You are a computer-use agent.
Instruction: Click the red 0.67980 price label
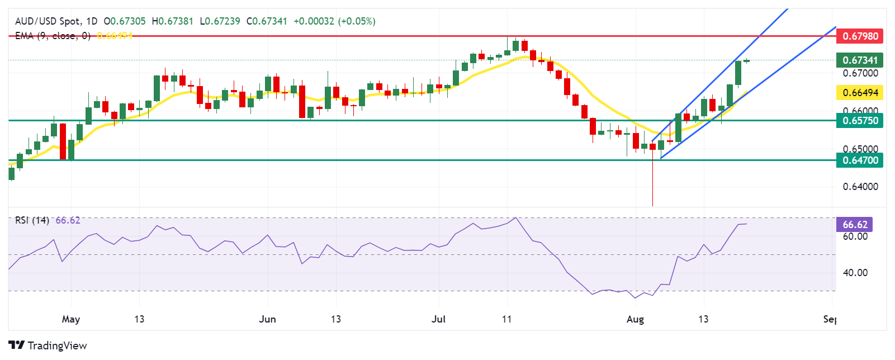[x=860, y=36]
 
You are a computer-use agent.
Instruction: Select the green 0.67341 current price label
[x=860, y=60]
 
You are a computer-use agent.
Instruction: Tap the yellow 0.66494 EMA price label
[x=860, y=92]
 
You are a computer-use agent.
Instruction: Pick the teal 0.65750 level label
[x=860, y=120]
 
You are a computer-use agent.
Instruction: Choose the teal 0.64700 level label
[x=860, y=160]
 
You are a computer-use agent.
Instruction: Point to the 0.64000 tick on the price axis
[x=860, y=187]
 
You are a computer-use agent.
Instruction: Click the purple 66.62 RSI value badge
[x=855, y=225]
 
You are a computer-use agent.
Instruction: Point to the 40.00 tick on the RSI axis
[x=855, y=273]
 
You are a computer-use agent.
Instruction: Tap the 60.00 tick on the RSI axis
[x=855, y=236]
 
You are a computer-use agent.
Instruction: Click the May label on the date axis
[x=71, y=319]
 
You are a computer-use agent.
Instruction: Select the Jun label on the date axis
[x=268, y=319]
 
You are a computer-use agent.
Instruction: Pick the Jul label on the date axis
[x=439, y=319]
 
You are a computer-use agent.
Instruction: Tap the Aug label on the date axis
[x=635, y=319]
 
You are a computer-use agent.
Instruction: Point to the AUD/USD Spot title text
[x=48, y=21]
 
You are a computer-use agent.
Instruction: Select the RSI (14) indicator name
[x=32, y=220]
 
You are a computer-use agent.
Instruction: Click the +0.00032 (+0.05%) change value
[x=334, y=21]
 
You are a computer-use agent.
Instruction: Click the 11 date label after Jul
[x=506, y=319]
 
